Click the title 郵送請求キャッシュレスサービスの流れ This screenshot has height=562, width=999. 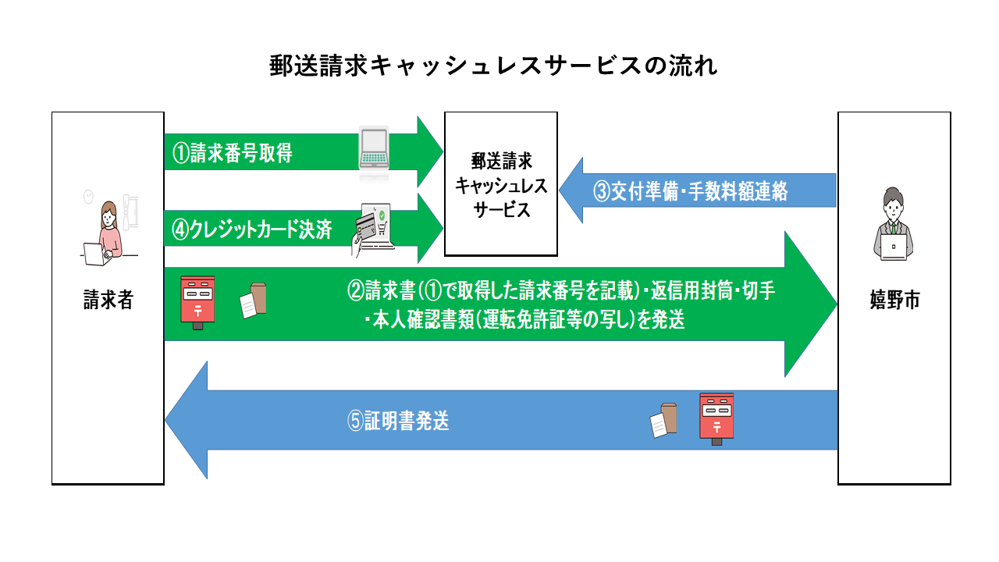coord(492,66)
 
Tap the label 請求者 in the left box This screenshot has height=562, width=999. coord(108,299)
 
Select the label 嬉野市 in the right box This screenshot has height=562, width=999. coord(894,299)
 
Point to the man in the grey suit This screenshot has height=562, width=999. coord(894,224)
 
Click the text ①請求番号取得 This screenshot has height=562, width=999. coord(233,152)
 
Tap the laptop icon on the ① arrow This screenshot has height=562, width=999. coord(374,149)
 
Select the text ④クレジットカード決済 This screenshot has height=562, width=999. coord(252,229)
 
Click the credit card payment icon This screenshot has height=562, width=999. coord(373,229)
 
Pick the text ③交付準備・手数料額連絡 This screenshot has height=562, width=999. coord(691,191)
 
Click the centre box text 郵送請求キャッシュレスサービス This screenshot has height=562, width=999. coord(501,185)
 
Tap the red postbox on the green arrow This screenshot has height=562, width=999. coord(197,303)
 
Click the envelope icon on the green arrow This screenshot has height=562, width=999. coord(254,301)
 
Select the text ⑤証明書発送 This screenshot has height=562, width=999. coord(398,420)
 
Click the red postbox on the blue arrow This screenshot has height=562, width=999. coord(716,419)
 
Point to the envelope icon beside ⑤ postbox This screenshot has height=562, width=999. coord(663,420)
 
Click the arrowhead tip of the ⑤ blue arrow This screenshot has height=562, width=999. coord(165,420)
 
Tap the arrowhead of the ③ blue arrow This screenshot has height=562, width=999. coord(560,190)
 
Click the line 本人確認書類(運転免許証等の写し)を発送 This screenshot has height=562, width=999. coord(524,319)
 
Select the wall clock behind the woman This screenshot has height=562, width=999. coord(89,196)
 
